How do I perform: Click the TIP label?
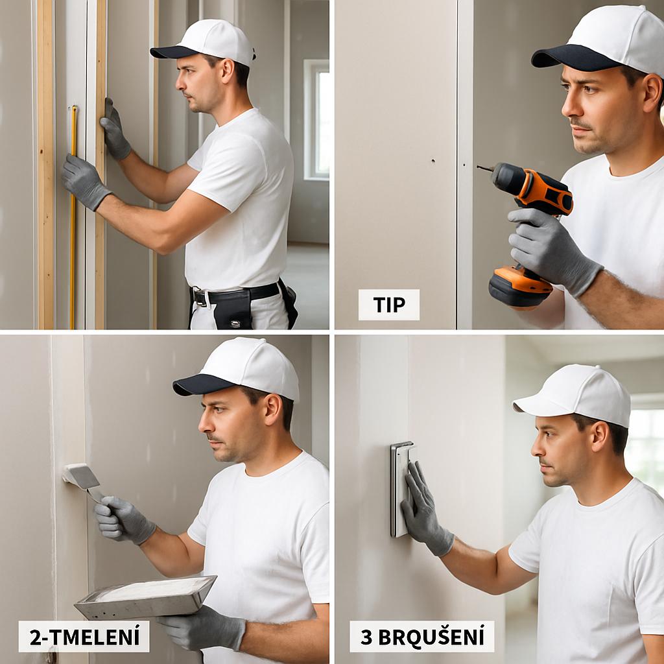click(389, 305)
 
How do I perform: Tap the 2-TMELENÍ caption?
click(84, 637)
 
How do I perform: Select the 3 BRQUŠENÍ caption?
click(421, 637)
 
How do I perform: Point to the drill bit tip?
click(478, 167)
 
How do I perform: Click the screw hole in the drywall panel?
click(433, 161)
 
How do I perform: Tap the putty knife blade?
click(80, 477)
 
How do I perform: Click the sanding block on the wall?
click(401, 489)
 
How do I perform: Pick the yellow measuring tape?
click(73, 217)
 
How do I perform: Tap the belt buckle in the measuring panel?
click(200, 296)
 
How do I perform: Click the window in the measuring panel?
click(316, 120)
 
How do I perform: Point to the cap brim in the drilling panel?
click(576, 56)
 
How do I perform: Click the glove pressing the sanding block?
click(425, 510)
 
